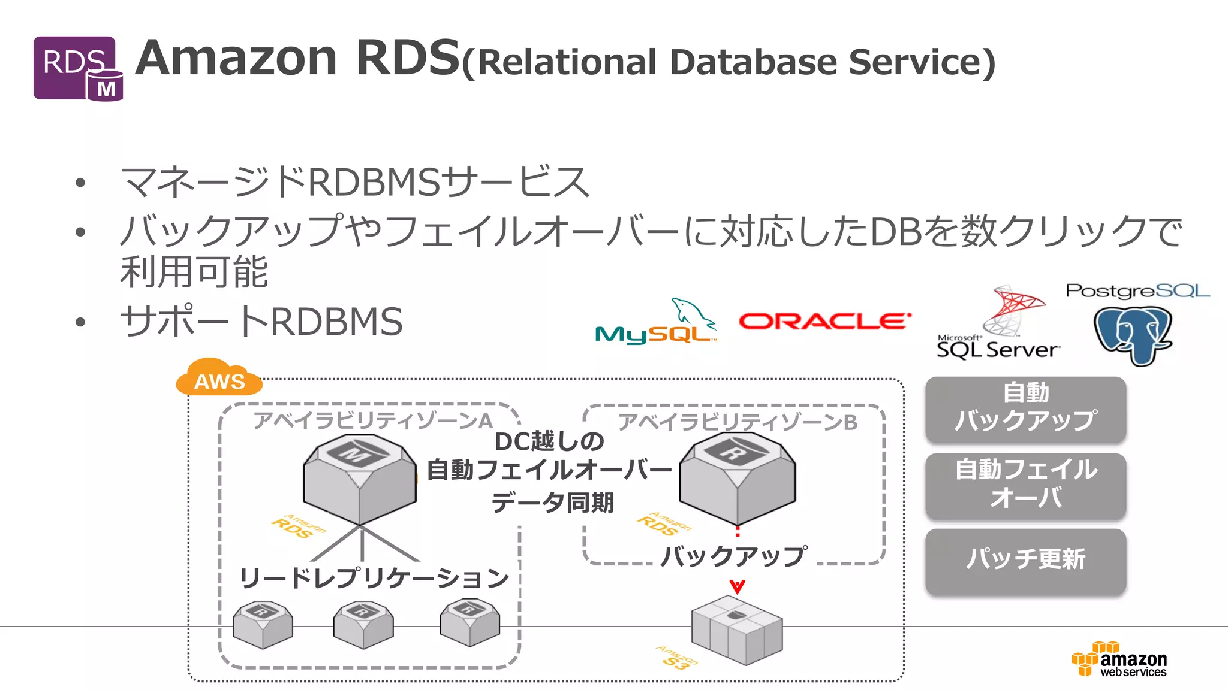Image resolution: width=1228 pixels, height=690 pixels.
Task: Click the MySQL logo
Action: (x=656, y=323)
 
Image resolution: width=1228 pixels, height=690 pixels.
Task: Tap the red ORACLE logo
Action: (x=824, y=322)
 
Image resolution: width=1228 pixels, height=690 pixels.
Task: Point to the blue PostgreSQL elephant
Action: (x=1133, y=334)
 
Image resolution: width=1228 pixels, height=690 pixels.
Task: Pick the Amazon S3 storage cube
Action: (x=737, y=630)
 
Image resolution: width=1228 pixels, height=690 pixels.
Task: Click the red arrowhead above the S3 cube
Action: (x=737, y=586)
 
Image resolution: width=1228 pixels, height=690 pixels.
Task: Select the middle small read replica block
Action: (x=363, y=624)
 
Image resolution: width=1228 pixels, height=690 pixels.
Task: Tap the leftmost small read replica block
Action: (x=263, y=624)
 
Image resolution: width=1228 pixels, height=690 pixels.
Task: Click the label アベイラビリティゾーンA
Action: (x=372, y=420)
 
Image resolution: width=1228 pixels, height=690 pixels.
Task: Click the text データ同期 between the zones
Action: (x=552, y=503)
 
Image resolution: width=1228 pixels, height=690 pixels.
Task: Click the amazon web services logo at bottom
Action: (x=1120, y=659)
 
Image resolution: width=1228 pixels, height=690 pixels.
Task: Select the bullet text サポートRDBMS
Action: (x=261, y=322)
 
